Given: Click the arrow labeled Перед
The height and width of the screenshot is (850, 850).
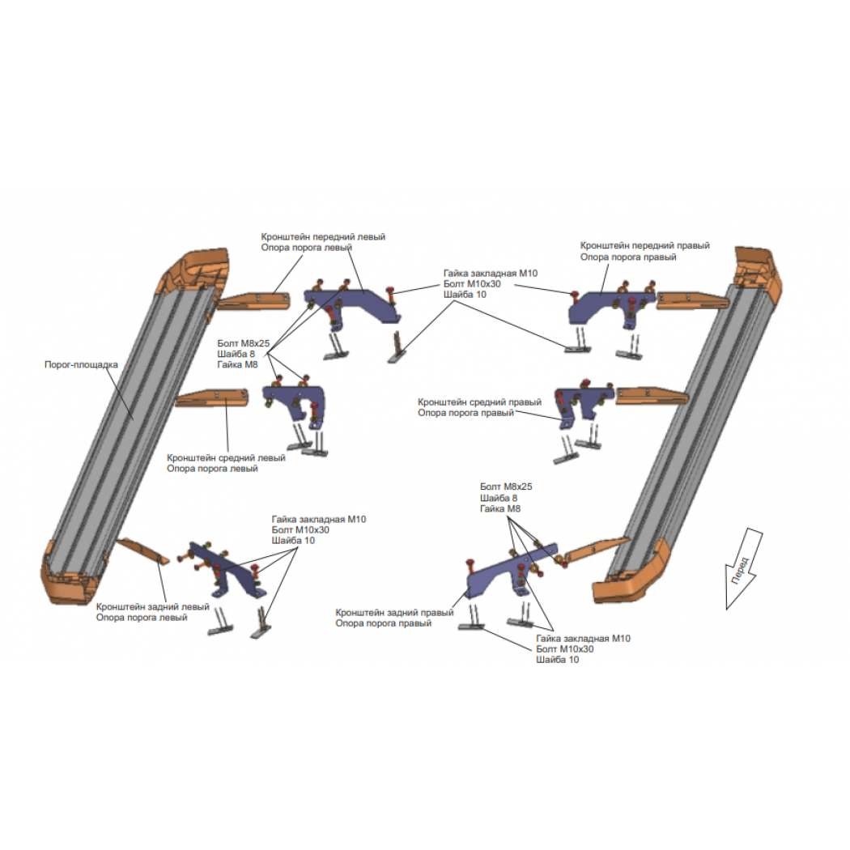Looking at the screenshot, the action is point(744,569).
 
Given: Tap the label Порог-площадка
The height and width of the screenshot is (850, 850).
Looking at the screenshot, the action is point(81,365).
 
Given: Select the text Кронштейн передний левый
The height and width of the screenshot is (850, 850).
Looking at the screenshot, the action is point(323,237).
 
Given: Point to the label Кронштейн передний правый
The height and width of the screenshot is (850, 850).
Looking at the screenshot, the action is point(644,245).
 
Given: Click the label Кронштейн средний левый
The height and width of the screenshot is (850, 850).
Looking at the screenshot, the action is point(226,457).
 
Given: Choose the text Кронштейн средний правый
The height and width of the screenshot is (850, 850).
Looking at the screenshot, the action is point(479,402).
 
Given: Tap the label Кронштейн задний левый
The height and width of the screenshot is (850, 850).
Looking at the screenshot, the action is point(152,606).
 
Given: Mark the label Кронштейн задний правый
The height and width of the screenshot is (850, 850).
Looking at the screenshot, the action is point(394,612).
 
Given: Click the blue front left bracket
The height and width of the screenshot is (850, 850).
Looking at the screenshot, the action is point(352,304).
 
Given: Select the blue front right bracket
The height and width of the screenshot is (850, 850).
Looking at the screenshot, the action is point(610,306).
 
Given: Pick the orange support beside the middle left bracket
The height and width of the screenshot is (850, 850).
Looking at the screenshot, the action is point(211,397).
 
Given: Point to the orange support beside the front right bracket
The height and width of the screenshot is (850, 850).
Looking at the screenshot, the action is point(691,301).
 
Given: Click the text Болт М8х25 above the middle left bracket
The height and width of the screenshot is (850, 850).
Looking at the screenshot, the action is point(244,343).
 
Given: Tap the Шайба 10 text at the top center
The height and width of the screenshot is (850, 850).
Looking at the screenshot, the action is point(465,295).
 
